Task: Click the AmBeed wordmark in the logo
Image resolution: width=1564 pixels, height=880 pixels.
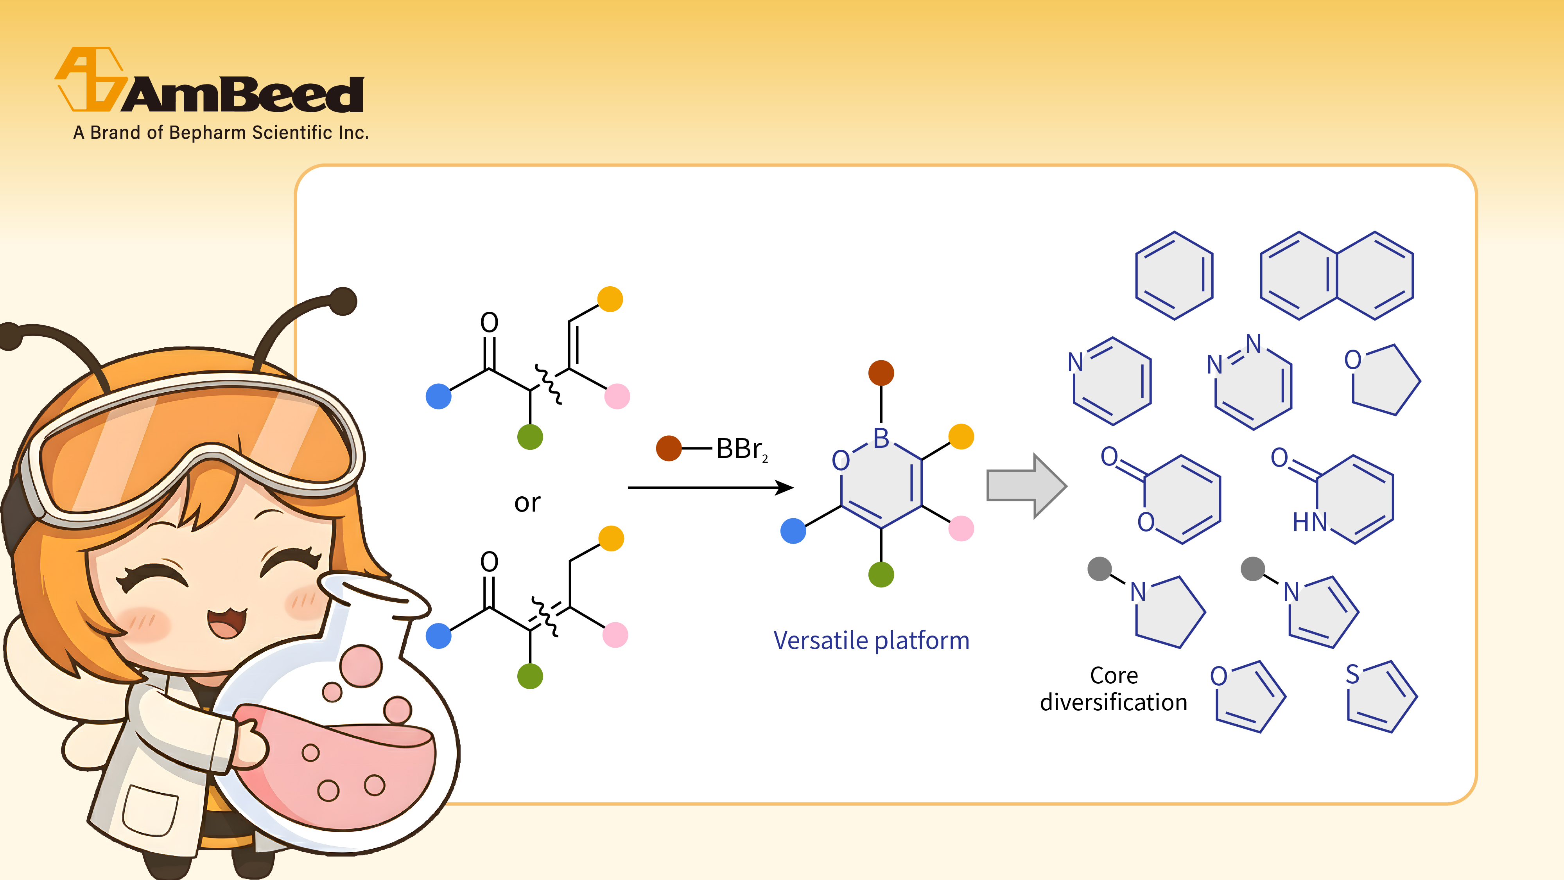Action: pos(243,95)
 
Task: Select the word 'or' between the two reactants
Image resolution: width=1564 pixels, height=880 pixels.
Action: pos(527,503)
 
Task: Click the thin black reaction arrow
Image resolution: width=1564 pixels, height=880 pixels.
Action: pos(710,487)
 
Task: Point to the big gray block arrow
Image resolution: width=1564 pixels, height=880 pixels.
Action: pos(1026,486)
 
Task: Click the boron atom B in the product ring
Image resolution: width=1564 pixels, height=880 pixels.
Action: pos(881,438)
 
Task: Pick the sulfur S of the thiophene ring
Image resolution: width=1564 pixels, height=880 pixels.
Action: pos(1352,675)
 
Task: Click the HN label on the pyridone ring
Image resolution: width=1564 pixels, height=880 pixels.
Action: pos(1309,522)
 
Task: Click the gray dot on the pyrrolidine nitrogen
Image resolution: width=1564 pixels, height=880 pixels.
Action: pos(1099,569)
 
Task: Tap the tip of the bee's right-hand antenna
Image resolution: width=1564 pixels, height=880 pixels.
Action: pos(344,301)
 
